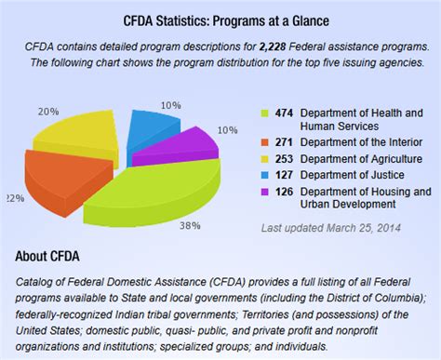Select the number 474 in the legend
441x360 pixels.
tap(284, 113)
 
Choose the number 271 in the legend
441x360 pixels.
tap(284, 142)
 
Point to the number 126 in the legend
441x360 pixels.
tap(284, 191)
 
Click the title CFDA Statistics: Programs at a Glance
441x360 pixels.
tap(220, 20)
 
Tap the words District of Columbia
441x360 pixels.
tap(359, 297)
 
